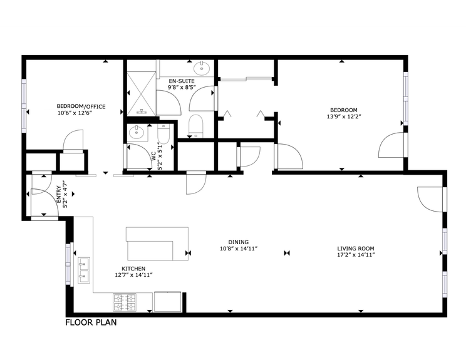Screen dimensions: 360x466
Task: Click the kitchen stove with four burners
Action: [125, 302]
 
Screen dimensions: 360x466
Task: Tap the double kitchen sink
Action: [83, 269]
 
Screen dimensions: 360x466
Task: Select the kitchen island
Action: [157, 244]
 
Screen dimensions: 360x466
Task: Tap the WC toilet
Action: [163, 134]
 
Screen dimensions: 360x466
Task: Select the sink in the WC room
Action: [136, 133]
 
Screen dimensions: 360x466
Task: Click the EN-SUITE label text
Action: [182, 81]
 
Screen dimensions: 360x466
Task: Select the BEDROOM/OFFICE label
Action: [81, 106]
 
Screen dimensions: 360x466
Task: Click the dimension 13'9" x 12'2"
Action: [343, 116]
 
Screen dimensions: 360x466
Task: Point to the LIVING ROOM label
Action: [356, 247]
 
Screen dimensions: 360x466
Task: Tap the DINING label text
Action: [239, 242]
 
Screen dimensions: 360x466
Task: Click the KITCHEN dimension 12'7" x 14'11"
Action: [133, 274]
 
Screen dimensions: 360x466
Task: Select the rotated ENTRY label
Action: [60, 193]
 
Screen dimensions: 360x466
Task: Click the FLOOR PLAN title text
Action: [91, 324]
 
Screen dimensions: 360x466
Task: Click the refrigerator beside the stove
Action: [168, 301]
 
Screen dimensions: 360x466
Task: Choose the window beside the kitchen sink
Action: [69, 262]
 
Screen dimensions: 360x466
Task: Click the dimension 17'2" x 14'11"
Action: [356, 254]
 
